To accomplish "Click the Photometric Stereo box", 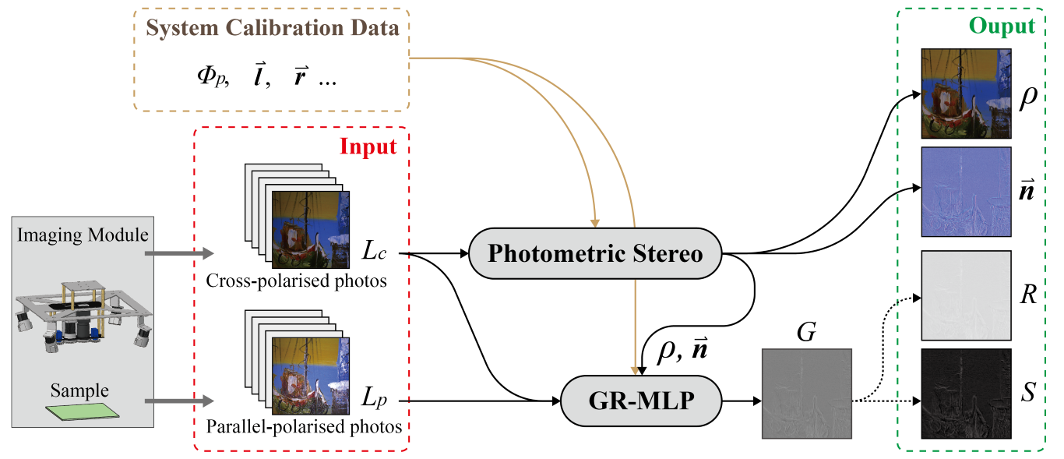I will point(596,253).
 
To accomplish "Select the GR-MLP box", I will point(641,401).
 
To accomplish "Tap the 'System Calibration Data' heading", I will point(273,30).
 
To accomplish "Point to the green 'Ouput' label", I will point(1002,27).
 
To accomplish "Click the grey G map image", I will point(806,394).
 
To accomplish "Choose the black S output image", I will point(966,394).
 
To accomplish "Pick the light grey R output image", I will point(966,295).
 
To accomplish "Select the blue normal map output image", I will point(966,192).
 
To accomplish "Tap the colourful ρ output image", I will point(966,94).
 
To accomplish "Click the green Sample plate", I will point(82,411).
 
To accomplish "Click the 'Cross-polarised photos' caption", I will point(296,281).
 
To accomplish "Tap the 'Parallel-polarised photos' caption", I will point(304,426).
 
